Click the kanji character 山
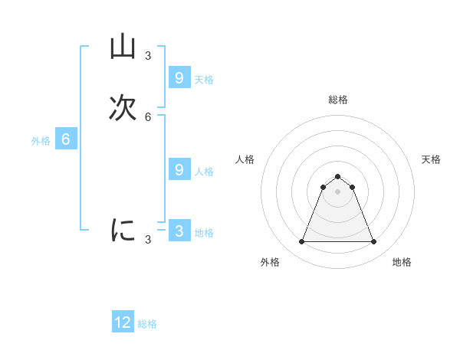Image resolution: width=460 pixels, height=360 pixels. pos(123,47)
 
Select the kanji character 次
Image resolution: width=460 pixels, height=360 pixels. pos(123,108)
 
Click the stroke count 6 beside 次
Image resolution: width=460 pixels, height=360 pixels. pos(148,116)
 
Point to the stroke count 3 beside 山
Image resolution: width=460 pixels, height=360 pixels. pos(148,56)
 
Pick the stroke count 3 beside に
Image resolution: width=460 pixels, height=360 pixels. pos(148,240)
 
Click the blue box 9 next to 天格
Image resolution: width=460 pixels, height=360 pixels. pos(179,77)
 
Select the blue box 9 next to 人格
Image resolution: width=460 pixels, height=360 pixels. pos(179,169)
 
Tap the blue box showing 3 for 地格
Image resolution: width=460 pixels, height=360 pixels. pos(179,231)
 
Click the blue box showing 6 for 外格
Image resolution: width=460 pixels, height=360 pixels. pos(66,139)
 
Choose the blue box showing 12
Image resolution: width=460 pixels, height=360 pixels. pos(123,322)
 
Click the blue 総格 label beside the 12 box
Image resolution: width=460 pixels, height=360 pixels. pos(147,324)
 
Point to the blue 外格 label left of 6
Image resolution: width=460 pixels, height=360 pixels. pos(41,141)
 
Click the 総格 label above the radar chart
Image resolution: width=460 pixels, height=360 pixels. pos(338,100)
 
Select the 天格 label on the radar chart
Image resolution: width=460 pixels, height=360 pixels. pos(431,159)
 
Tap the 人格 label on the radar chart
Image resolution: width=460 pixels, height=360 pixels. pos(245,159)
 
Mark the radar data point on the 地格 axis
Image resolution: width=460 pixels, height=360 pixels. pos(374,242)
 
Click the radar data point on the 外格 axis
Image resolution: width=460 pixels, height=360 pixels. pos(301,242)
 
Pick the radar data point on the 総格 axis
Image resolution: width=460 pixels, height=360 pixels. pos(338,176)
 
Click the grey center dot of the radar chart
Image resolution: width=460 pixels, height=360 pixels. pos(338,191)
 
